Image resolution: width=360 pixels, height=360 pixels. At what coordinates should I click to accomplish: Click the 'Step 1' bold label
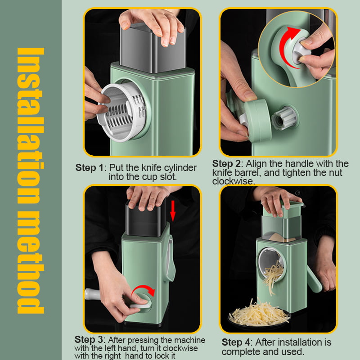click(x=90, y=167)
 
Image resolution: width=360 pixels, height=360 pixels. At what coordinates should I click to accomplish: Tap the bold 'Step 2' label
click(x=226, y=164)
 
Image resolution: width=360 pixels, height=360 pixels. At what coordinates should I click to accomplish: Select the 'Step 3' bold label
click(x=89, y=340)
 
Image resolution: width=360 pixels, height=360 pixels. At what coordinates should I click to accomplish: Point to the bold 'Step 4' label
click(x=236, y=342)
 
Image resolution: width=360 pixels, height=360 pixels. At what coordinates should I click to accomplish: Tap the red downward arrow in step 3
click(x=173, y=211)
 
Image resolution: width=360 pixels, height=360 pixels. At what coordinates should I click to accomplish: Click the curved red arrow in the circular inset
click(x=287, y=46)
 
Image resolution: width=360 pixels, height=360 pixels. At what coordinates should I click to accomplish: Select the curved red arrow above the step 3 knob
click(x=143, y=289)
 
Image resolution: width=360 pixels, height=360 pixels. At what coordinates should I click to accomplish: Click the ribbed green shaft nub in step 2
click(x=284, y=118)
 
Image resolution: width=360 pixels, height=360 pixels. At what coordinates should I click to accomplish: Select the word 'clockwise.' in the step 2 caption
click(x=234, y=181)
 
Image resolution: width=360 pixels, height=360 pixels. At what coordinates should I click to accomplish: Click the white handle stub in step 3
click(x=92, y=294)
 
